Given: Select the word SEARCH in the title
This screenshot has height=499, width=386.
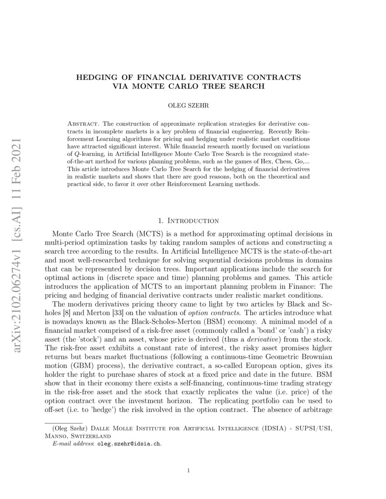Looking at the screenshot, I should (246, 86).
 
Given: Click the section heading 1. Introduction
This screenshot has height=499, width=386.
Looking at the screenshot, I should (188, 221).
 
